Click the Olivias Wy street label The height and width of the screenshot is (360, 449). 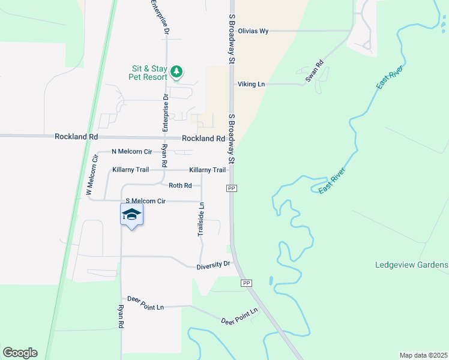point(253,31)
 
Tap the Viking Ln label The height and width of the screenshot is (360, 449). point(251,85)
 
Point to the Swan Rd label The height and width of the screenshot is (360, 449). point(315,71)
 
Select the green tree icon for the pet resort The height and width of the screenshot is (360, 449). point(176,72)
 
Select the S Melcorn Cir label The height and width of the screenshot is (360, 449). point(145,201)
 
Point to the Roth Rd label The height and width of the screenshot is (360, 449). point(179,186)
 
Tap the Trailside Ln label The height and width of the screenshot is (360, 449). point(202,219)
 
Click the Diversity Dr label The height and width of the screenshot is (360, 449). point(214,265)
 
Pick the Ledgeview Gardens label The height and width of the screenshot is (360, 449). point(411,265)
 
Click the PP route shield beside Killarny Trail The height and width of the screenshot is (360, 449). point(231,188)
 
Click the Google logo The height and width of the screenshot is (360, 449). point(20,353)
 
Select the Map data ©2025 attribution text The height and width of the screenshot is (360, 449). point(423,355)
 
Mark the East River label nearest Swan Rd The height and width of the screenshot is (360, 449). point(389,77)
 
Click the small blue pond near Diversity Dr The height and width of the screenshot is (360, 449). point(271,280)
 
